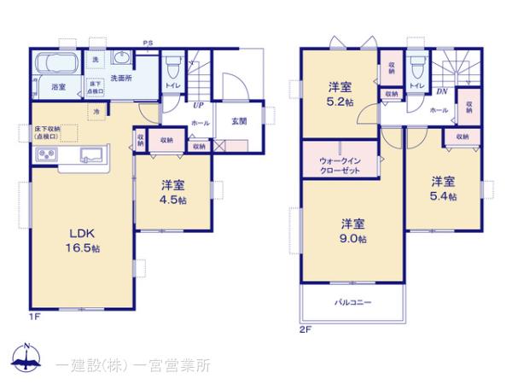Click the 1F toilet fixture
tap(172, 66)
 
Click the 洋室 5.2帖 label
tap(341, 94)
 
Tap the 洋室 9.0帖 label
tap(354, 231)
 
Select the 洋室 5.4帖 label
tap(441, 189)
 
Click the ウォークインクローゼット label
tap(339, 165)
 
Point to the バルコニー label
tap(352, 302)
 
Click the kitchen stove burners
tap(45, 156)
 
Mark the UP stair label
tap(197, 106)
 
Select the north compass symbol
tap(27, 359)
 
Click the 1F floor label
tap(34, 317)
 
